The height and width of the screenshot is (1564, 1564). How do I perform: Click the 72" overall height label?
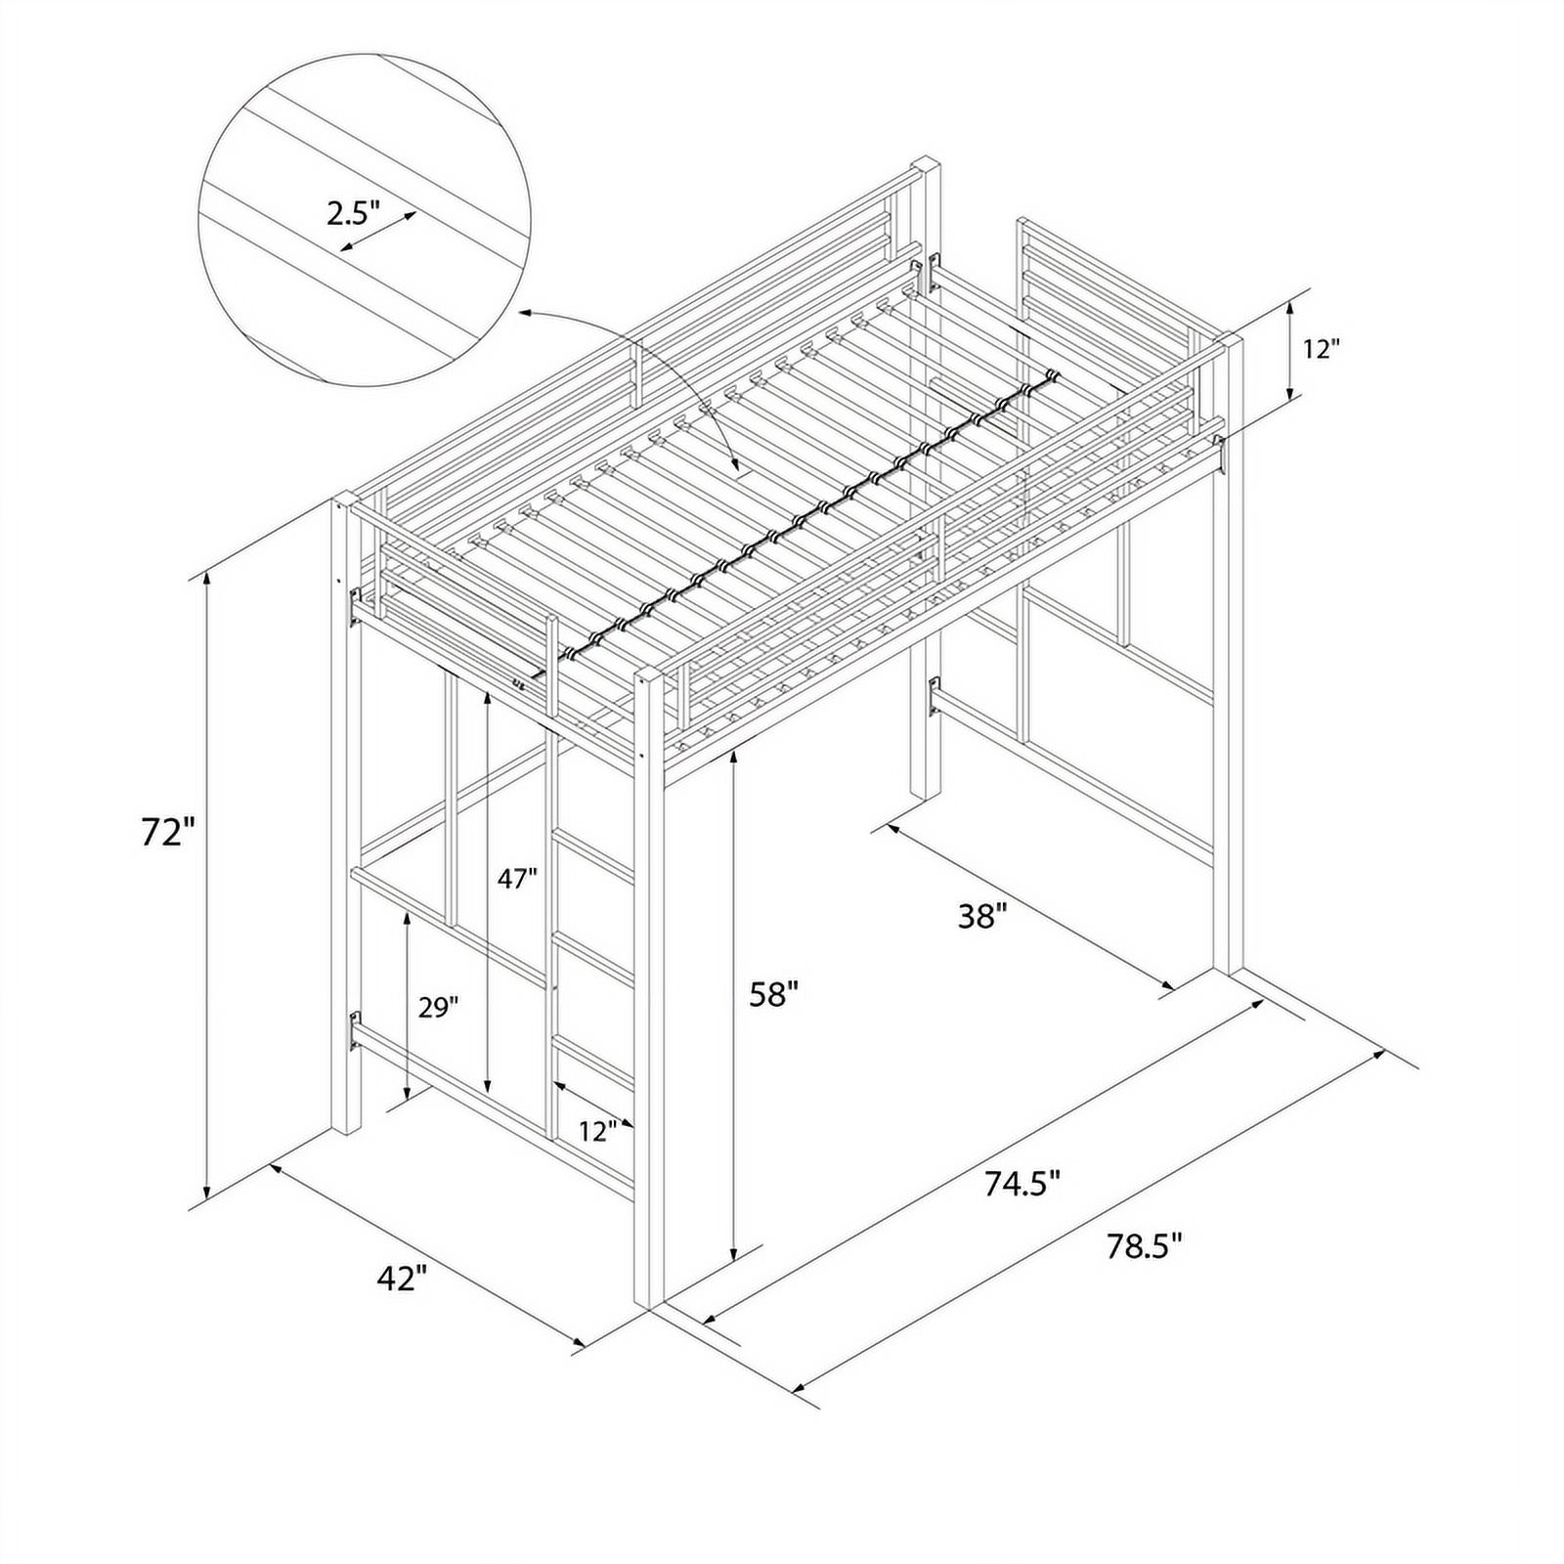point(168,833)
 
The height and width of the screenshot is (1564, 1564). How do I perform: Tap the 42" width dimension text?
point(403,1278)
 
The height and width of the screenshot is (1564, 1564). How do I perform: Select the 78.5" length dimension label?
point(1145,1246)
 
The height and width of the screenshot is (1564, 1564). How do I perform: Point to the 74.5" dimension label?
point(1022,1184)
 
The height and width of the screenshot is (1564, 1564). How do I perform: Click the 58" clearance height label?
point(774,995)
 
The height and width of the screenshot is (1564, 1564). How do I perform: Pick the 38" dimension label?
point(981,916)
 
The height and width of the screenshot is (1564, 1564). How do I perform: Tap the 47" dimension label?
point(517,879)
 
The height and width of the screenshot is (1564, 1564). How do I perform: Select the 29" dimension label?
point(438,1008)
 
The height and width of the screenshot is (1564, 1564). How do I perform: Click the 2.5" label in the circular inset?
point(353,214)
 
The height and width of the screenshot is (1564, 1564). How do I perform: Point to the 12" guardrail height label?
point(1321,349)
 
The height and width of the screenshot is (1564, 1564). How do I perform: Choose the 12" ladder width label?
point(597,1132)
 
